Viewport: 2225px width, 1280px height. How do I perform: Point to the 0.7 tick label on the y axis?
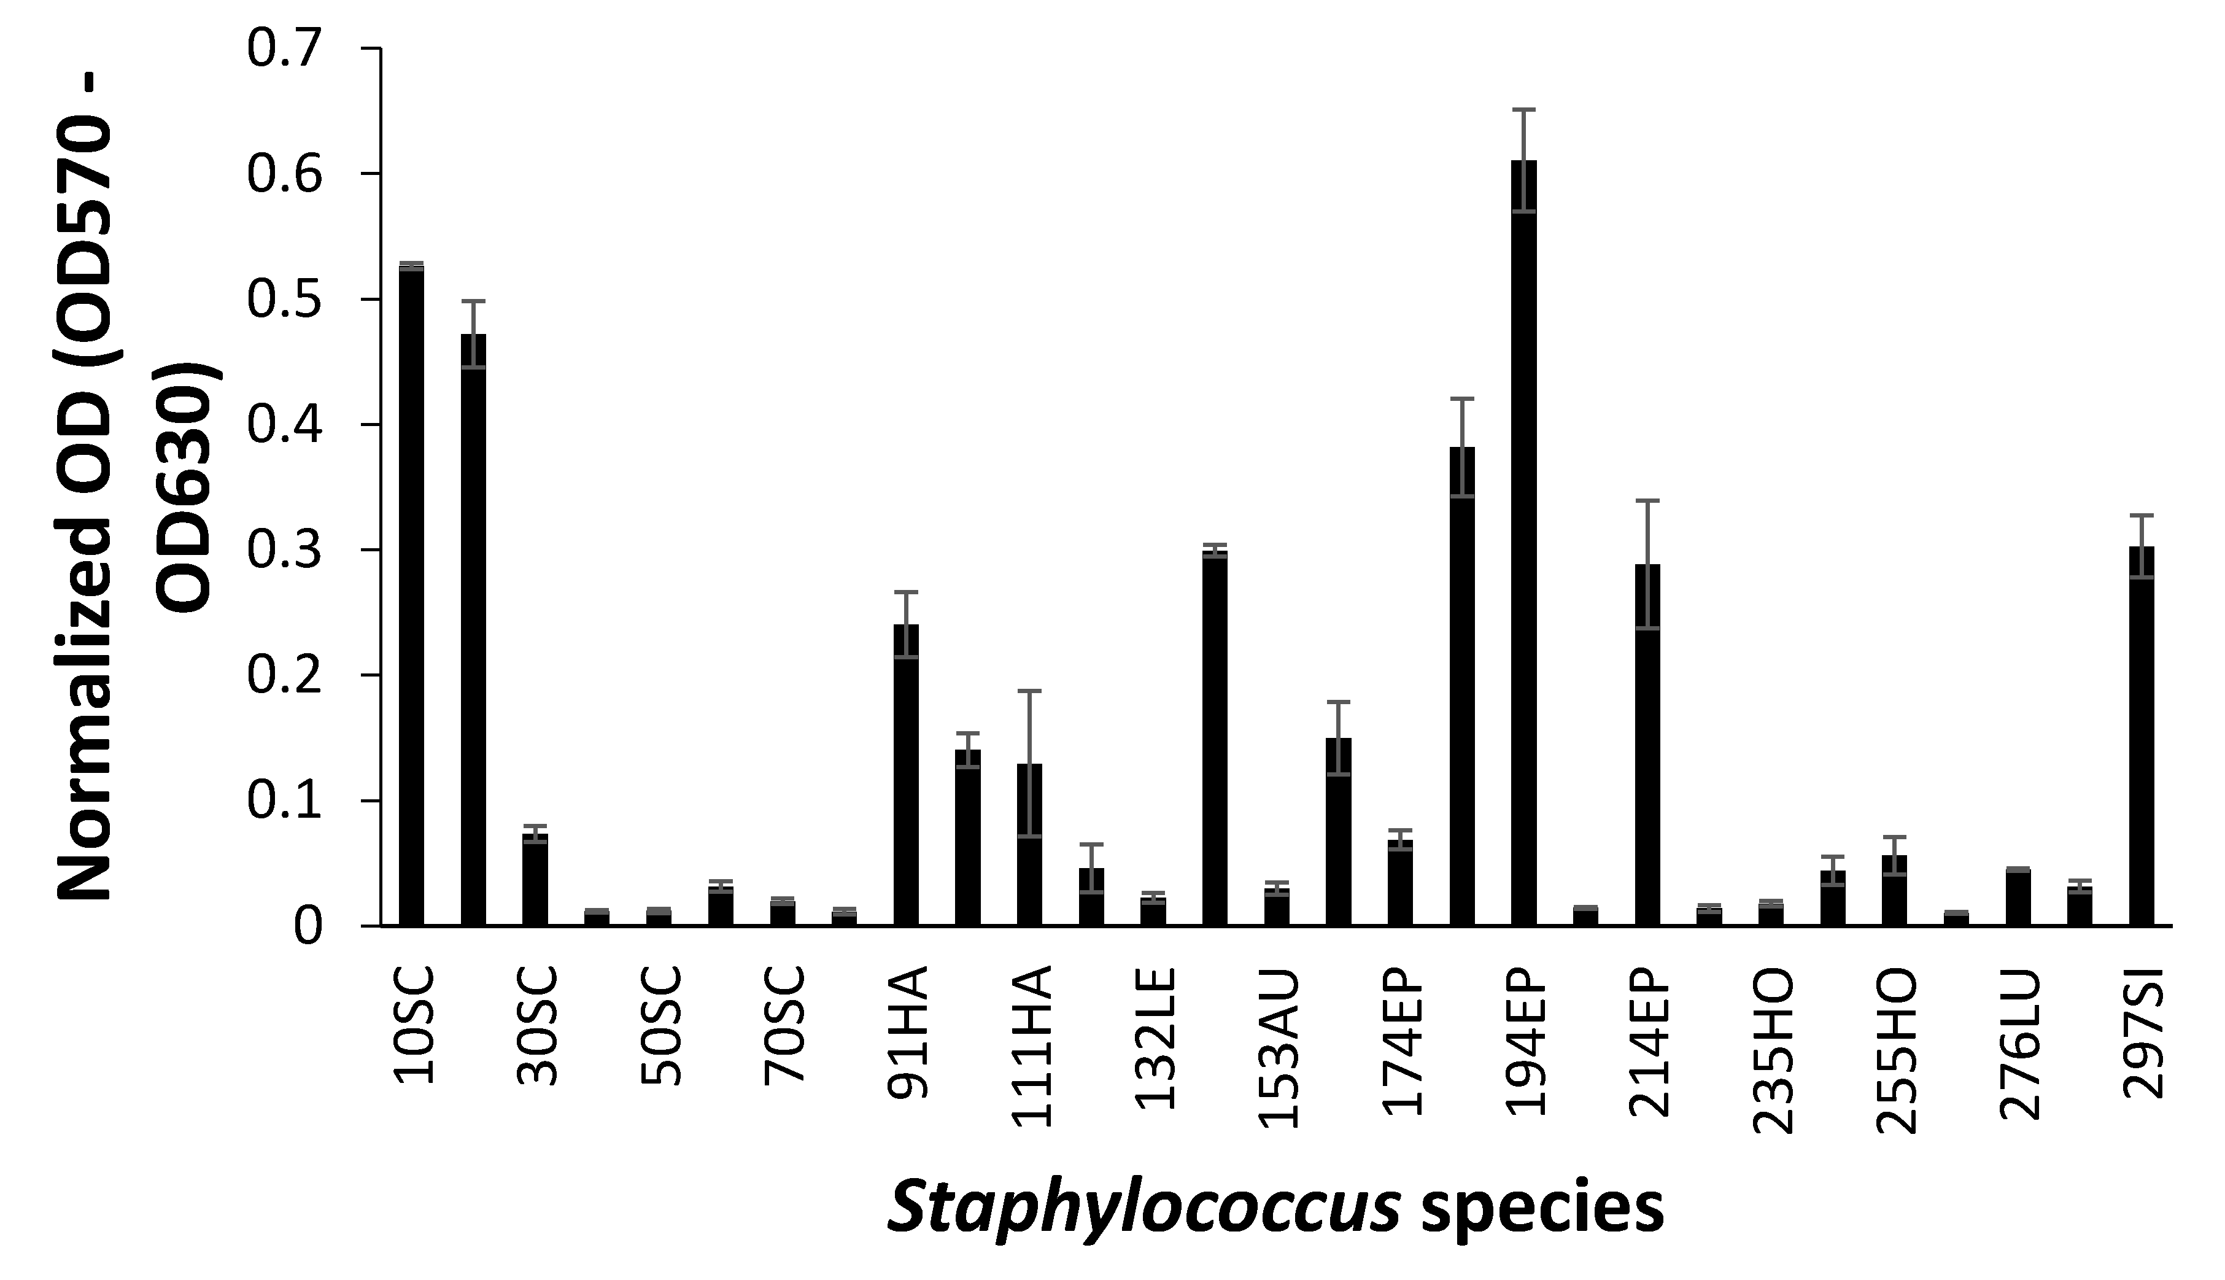tap(285, 49)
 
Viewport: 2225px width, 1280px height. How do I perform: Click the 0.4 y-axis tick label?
tap(285, 425)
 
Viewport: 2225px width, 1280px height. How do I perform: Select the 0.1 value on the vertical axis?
tap(285, 801)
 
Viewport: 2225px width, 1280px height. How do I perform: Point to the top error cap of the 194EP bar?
tap(1524, 110)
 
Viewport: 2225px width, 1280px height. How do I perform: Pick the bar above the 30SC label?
tap(535, 879)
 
